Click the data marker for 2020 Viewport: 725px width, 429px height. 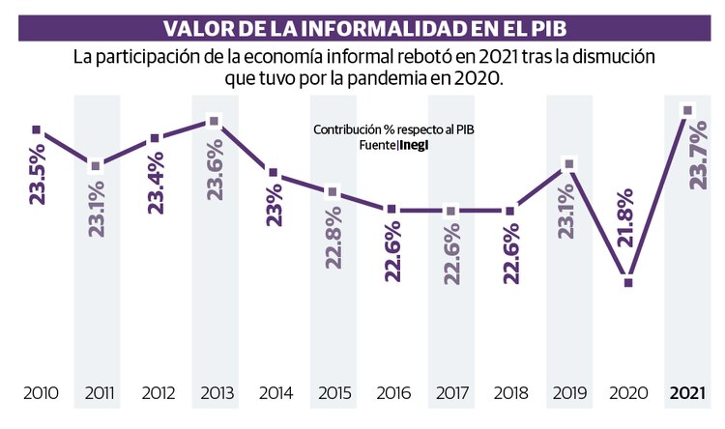(x=628, y=283)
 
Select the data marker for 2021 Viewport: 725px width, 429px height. (x=687, y=110)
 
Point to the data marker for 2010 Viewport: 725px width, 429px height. (x=36, y=129)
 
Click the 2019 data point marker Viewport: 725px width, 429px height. (x=569, y=164)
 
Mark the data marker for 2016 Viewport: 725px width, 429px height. (x=391, y=210)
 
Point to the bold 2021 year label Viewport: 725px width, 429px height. (x=687, y=393)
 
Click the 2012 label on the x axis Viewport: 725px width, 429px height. (x=157, y=393)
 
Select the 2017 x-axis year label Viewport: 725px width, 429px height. (x=451, y=393)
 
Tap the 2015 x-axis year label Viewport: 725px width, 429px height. (x=333, y=393)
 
